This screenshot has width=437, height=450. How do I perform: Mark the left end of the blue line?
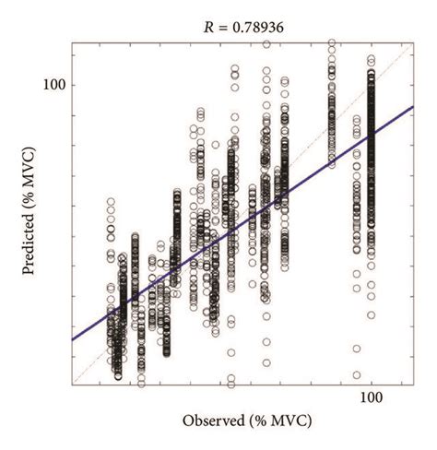72,340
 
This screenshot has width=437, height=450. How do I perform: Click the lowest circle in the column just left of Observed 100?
356,375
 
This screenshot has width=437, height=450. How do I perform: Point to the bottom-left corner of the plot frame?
72,386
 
